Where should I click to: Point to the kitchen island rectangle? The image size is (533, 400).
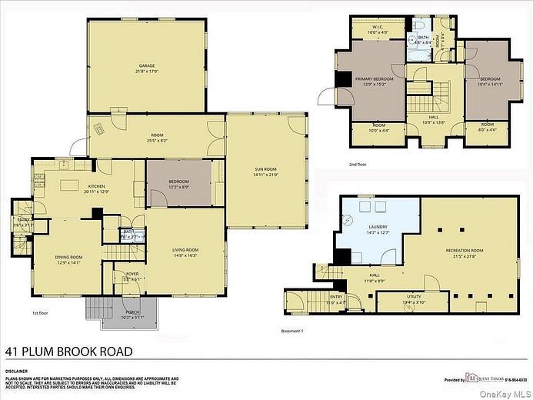(x=69, y=184)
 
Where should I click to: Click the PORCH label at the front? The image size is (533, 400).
(x=122, y=314)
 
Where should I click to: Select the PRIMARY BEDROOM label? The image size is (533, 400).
(x=375, y=81)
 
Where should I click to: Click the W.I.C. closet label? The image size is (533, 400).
(x=374, y=29)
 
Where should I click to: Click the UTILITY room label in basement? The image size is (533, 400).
(x=414, y=297)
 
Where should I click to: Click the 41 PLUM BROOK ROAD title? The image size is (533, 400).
(x=68, y=352)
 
